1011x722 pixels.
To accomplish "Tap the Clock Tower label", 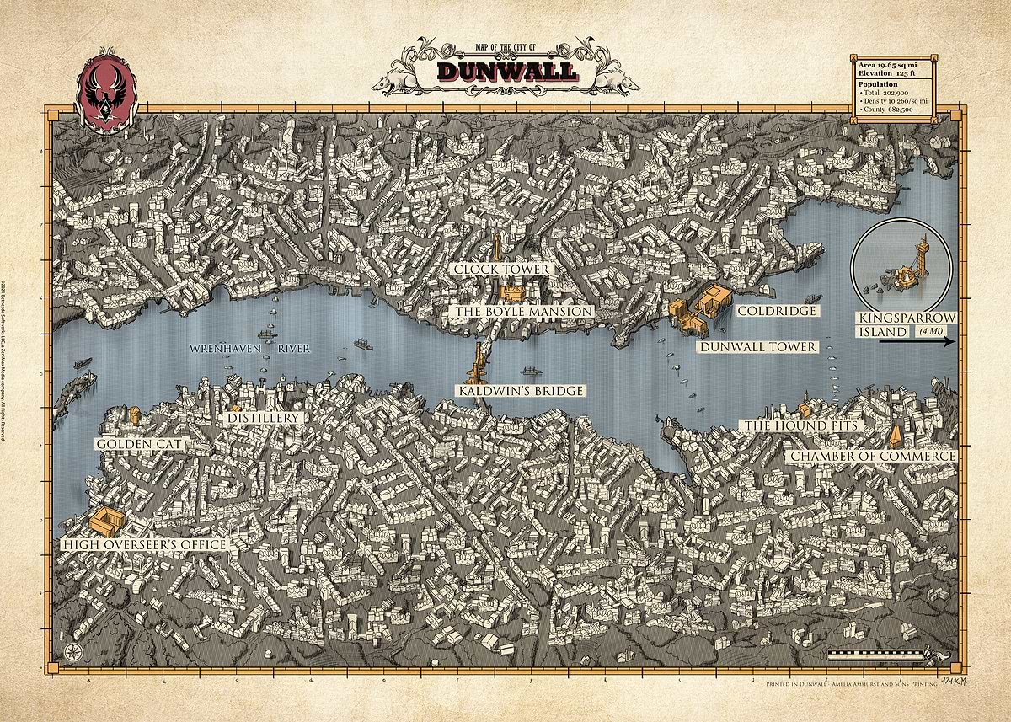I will pos(501,269).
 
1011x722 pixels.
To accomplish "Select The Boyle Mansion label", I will pos(523,311).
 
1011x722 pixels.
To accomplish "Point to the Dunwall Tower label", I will pos(757,346).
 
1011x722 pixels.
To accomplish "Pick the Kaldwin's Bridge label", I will pos(521,391).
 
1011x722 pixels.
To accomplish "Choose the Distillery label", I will pos(264,418).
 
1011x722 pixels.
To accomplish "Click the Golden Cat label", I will pos(139,443).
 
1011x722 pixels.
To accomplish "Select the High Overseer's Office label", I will pos(145,545).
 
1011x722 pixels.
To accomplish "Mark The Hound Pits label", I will pos(800,425).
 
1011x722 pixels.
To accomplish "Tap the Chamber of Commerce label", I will pos(873,456).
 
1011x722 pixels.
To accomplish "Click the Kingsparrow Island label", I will pos(905,324).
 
